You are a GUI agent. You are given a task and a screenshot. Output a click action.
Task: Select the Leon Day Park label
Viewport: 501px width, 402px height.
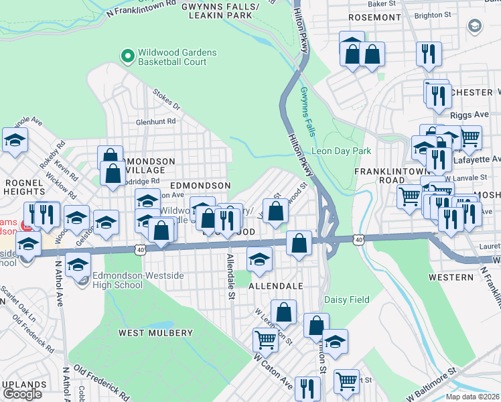click(341, 151)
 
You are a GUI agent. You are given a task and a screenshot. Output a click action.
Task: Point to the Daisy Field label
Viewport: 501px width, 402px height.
click(346, 299)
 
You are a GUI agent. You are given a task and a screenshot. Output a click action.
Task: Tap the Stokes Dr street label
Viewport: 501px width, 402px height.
click(167, 100)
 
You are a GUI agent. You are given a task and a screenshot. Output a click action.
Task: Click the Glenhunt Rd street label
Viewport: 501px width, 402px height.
click(155, 122)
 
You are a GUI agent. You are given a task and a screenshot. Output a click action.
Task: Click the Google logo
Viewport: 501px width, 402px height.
click(22, 394)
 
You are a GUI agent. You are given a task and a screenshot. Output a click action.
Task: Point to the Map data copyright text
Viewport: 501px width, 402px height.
click(472, 397)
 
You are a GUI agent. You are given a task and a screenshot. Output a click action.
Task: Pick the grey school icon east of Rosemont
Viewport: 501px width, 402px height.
click(475, 26)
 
